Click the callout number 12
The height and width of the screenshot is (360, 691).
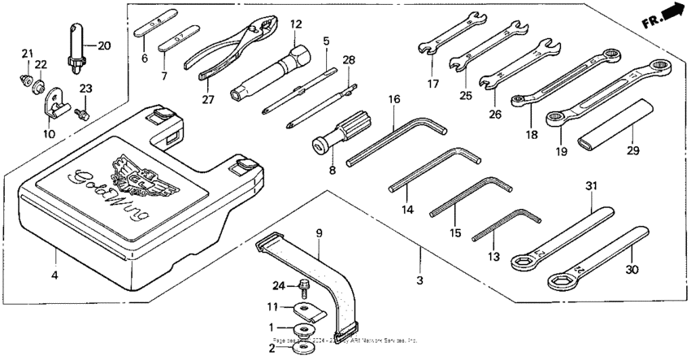click(294, 24)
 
